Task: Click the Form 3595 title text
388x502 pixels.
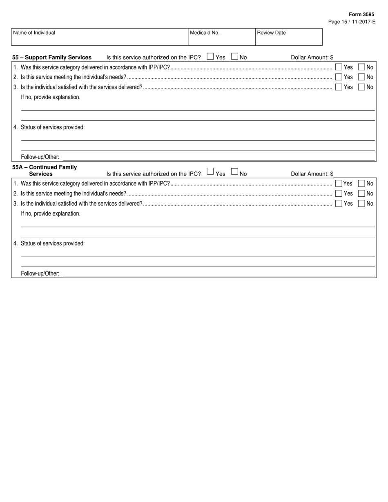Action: click(361, 14)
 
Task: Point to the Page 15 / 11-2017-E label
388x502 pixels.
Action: click(352, 22)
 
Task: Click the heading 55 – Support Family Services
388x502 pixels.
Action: click(52, 57)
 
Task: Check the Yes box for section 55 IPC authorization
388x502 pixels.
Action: click(210, 57)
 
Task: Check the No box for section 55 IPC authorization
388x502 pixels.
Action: click(235, 57)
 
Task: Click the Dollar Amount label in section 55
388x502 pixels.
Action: click(312, 57)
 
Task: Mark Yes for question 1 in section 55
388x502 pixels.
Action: click(339, 67)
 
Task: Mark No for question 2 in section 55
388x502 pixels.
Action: click(361, 77)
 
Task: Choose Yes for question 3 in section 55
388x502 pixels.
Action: click(339, 87)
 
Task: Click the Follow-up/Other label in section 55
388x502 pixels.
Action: click(40, 157)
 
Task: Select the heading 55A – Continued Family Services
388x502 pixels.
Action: click(45, 170)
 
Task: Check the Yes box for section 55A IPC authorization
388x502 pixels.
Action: click(210, 172)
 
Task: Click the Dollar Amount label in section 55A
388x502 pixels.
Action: click(312, 174)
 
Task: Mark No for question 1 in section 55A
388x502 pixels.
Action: click(361, 184)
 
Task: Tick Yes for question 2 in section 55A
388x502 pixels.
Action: click(339, 193)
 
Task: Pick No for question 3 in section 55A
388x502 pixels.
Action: click(361, 203)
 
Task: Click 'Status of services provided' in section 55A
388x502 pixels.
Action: click(52, 243)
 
